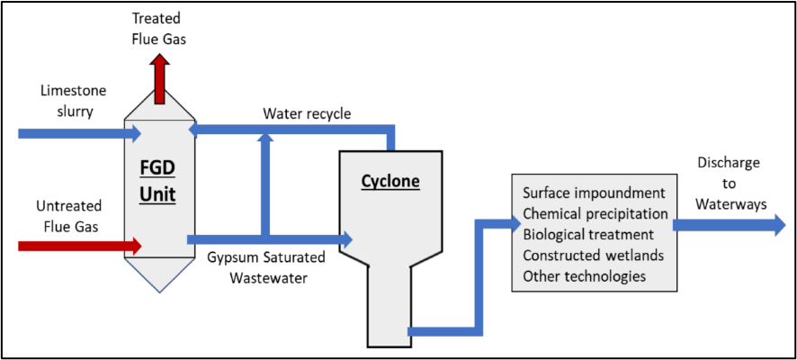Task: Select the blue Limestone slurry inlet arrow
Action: pos(80,134)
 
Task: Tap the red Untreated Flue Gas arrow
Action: pos(80,246)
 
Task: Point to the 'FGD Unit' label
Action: pos(159,181)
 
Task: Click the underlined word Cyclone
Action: pos(391,182)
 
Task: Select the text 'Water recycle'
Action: pos(307,114)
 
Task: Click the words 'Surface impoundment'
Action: pos(595,193)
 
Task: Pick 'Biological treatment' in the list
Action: pos(588,235)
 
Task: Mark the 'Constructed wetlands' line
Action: pos(593,256)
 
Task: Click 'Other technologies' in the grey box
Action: pos(585,276)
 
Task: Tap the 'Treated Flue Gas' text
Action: pos(159,29)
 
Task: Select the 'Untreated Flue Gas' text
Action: pos(68,216)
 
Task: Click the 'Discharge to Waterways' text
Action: pos(731,183)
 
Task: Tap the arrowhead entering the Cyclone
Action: pos(346,238)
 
